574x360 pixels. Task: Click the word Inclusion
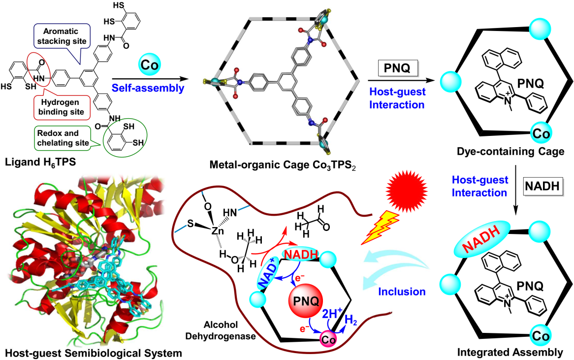(x=400, y=291)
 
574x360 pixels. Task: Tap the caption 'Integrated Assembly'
(x=516, y=352)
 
